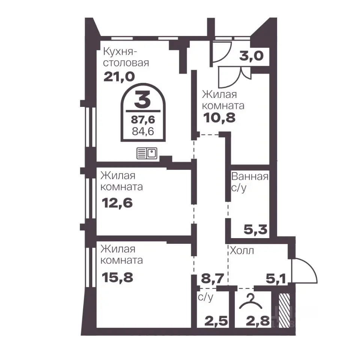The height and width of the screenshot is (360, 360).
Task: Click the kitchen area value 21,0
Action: [x=119, y=76]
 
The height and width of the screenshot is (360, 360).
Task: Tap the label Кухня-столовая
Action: [x=126, y=57]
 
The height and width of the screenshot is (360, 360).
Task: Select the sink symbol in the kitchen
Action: [x=147, y=153]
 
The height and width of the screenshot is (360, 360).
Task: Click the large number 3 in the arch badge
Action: [x=142, y=99]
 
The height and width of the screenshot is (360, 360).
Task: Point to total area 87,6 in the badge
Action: [x=143, y=120]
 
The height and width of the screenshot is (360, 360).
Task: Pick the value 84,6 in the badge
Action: [x=143, y=131]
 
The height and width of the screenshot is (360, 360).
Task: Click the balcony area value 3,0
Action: [x=251, y=56]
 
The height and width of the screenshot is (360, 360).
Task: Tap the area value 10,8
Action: [x=219, y=118]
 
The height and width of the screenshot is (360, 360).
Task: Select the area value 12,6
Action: [x=117, y=203]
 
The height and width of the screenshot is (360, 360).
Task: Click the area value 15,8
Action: [x=117, y=277]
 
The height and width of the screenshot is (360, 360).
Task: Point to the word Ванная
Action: [x=250, y=177]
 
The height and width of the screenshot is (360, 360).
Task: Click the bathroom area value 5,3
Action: [x=255, y=229]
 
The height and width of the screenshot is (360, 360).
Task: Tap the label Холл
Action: [x=242, y=250]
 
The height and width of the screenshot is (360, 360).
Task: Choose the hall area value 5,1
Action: [x=276, y=279]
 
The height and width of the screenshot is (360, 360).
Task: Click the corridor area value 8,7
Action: [x=212, y=279]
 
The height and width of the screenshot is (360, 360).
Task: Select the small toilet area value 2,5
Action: [x=216, y=321]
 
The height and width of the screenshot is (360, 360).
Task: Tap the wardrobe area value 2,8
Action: [x=258, y=321]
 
